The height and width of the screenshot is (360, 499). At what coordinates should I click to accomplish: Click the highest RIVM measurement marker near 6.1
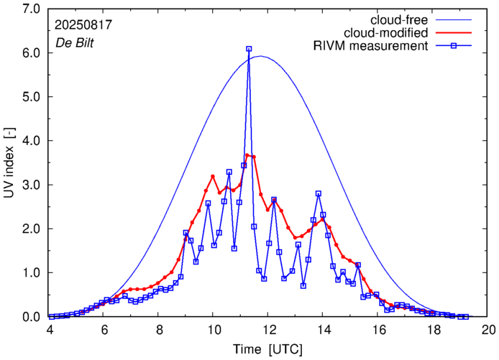click(249, 49)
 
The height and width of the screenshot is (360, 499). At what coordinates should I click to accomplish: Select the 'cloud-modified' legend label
click(387, 33)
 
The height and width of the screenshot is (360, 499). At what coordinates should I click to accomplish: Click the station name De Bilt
click(73, 43)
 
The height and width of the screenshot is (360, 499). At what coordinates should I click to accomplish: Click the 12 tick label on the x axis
click(268, 330)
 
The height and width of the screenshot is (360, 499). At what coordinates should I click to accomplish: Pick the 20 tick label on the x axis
click(489, 330)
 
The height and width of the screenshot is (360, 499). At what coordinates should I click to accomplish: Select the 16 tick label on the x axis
click(378, 330)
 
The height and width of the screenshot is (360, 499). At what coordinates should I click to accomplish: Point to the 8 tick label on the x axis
click(158, 330)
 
